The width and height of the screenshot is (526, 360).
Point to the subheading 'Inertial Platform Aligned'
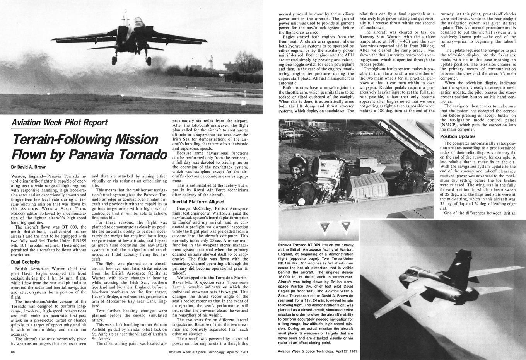pyautogui.click(x=198, y=202)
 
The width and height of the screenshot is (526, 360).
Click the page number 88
pyautogui.click(x=13, y=352)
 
